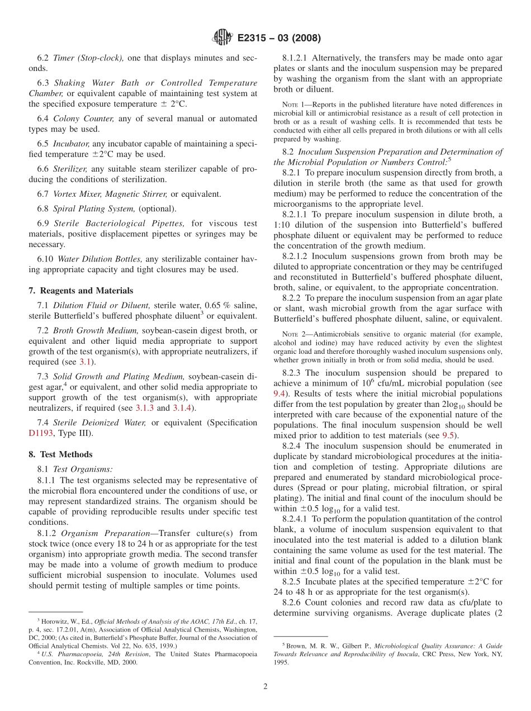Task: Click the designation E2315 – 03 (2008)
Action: tap(278, 39)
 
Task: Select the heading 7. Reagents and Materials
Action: tap(81, 290)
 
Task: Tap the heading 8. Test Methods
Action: tap(61, 454)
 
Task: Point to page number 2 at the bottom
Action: tap(265, 686)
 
